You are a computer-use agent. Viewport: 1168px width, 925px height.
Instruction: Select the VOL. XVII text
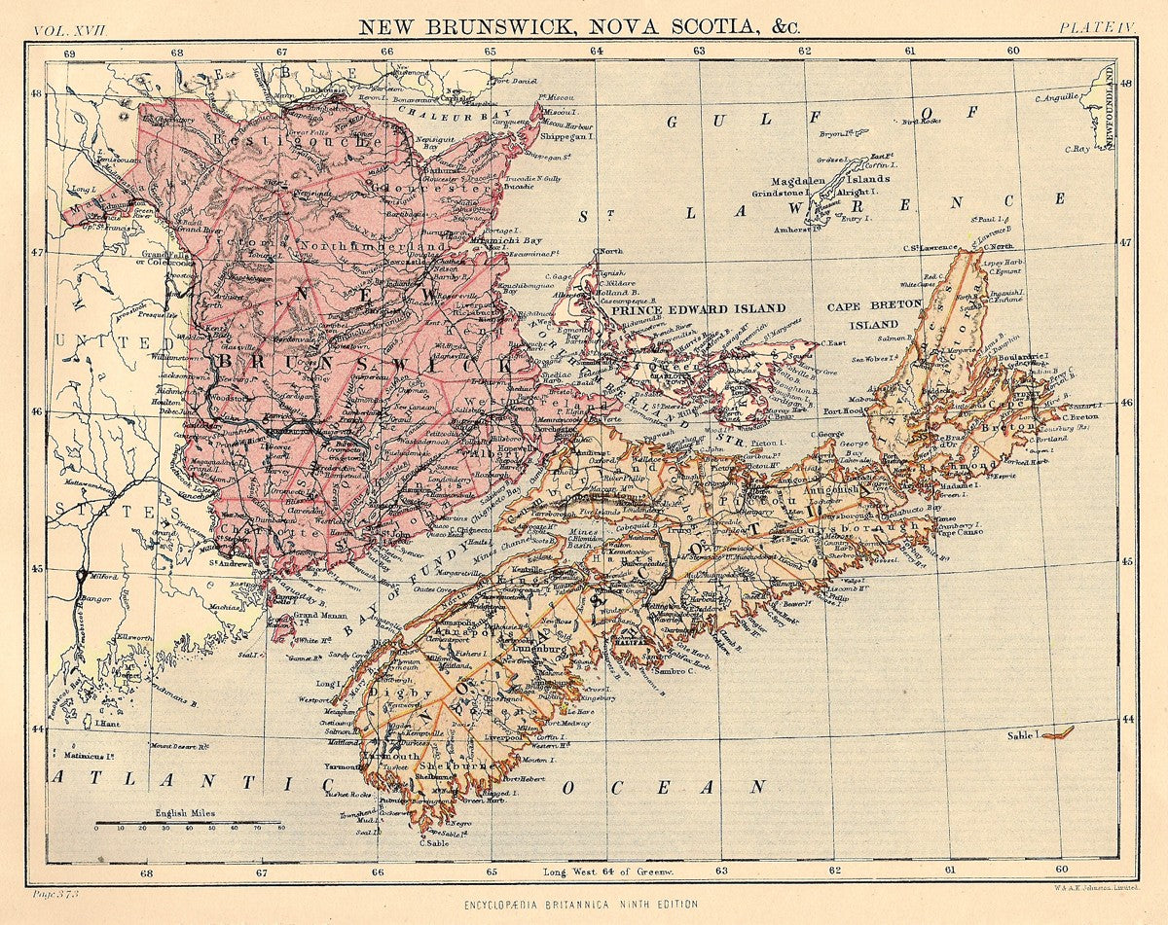pos(70,29)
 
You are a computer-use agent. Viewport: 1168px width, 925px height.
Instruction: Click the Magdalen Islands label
pos(830,180)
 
